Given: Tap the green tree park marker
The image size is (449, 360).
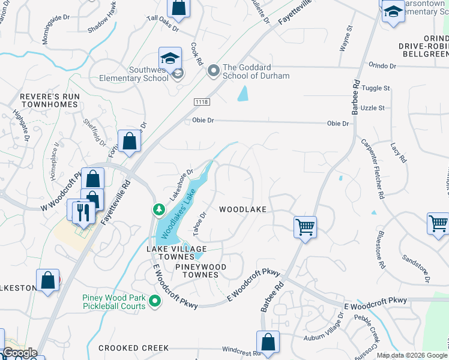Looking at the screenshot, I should tap(158, 210).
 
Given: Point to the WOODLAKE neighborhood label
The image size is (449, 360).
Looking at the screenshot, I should tap(242, 209).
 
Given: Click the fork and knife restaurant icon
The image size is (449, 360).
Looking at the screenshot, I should tap(83, 211).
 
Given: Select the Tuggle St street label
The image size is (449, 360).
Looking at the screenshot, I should tap(376, 88).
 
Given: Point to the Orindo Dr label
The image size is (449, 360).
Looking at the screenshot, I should tap(383, 65).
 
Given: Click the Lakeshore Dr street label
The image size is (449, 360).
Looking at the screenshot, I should tap(181, 183).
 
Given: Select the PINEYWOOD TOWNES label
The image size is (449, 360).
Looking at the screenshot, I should tap(197, 275).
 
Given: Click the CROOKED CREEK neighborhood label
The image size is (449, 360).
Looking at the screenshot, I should tap(134, 348).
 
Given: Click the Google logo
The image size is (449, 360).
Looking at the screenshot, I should tap(19, 353).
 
